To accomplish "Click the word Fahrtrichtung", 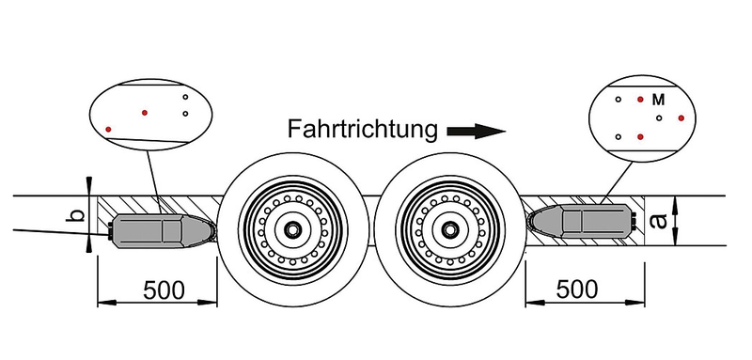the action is [362, 129].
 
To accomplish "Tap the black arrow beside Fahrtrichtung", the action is [477, 132].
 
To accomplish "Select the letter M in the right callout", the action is [659, 101].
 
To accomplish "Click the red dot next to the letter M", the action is [640, 100].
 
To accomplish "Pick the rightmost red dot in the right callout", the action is [681, 117].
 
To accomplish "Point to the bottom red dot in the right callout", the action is [640, 136].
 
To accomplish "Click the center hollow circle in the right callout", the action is [659, 117].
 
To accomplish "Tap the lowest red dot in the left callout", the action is [108, 130].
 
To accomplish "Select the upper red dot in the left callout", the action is [145, 113].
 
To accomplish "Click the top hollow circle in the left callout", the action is [185, 97].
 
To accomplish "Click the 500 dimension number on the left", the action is [164, 290].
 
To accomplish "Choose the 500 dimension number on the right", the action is [577, 290].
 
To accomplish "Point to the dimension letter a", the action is [660, 221].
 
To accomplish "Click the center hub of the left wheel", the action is [291, 229].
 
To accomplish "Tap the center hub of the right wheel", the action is [449, 229].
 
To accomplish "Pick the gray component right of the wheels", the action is [580, 222].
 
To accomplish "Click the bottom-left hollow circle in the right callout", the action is [619, 136].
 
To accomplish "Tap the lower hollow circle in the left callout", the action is [185, 114].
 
